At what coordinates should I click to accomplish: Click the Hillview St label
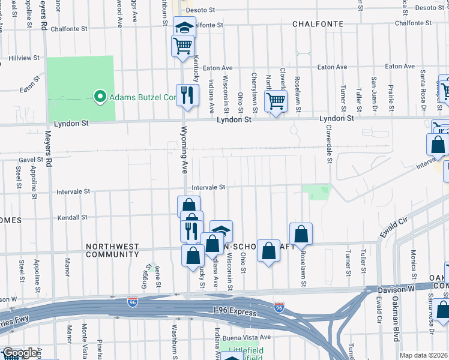[24, 58]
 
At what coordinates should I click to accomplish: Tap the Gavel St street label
[31, 160]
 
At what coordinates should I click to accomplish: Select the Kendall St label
[72, 217]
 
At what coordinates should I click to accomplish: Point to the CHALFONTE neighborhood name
[318, 24]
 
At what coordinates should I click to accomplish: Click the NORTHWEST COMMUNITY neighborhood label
[112, 250]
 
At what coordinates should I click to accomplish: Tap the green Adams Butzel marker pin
[100, 97]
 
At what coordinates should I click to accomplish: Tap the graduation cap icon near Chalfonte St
[185, 26]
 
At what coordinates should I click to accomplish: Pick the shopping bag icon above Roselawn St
[301, 233]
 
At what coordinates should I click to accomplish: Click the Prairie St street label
[391, 90]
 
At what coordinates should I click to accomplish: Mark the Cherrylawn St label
[255, 93]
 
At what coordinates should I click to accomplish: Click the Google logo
[20, 353]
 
